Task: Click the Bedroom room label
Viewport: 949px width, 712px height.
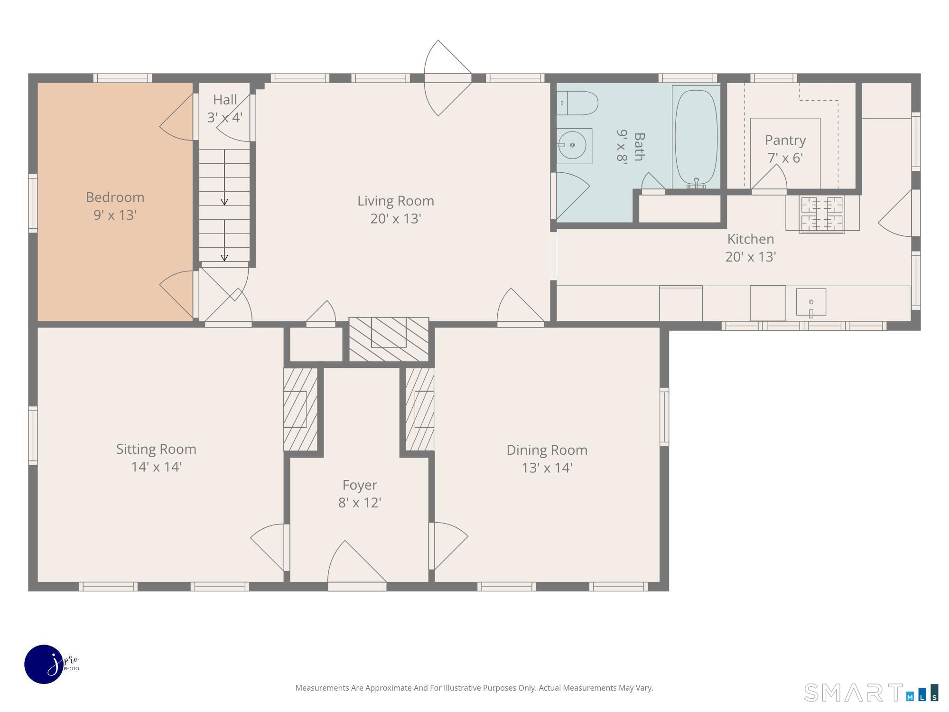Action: click(x=115, y=197)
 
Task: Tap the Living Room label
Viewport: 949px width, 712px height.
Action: click(x=396, y=201)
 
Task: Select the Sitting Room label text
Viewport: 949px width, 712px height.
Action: click(x=156, y=449)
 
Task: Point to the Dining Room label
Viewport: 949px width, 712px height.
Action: click(x=547, y=450)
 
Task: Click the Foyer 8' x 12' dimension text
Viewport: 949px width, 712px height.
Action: click(x=360, y=502)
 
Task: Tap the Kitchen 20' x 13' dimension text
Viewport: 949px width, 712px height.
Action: click(x=751, y=257)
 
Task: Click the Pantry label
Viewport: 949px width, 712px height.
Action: click(x=785, y=141)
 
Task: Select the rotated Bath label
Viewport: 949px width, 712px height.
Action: click(x=639, y=147)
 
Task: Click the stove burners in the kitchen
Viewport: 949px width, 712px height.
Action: click(x=822, y=215)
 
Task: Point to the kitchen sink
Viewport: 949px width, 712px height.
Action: click(x=811, y=302)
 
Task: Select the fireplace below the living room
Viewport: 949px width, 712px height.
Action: click(x=389, y=339)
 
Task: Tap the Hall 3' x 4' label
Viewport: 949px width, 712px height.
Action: click(x=225, y=108)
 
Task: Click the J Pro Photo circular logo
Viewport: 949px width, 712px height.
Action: click(x=44, y=664)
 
